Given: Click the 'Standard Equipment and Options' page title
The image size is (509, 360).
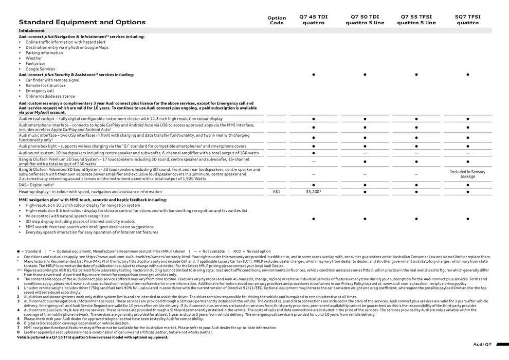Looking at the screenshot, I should pyautogui.click(x=82, y=22).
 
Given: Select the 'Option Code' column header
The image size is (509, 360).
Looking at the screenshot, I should pyautogui.click(x=277, y=20).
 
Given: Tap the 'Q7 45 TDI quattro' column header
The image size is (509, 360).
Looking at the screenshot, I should pyautogui.click(x=314, y=20).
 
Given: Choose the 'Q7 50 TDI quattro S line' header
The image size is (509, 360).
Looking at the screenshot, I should pyautogui.click(x=365, y=20).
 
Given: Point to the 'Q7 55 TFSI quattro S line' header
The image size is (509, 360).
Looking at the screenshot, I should pyautogui.click(x=416, y=20).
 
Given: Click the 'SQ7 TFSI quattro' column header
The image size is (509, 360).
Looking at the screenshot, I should pyautogui.click(x=468, y=20).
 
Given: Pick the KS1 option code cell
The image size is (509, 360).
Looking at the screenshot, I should pyautogui.click(x=277, y=192).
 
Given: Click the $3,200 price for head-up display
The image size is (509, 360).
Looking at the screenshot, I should pyautogui.click(x=314, y=192).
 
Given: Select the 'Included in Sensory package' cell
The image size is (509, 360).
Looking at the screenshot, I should pyautogui.click(x=468, y=174).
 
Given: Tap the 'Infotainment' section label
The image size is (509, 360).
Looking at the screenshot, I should pyautogui.click(x=32, y=31).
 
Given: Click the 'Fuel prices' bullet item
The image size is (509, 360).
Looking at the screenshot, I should pyautogui.click(x=35, y=64).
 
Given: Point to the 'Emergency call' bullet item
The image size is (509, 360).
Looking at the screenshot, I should pyautogui.click(x=40, y=91).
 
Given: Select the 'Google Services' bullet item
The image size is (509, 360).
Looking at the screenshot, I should pyautogui.click(x=40, y=69).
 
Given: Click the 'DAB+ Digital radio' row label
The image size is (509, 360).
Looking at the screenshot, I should pyautogui.click(x=37, y=185).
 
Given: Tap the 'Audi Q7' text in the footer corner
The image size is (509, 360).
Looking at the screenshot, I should pyautogui.click(x=482, y=344).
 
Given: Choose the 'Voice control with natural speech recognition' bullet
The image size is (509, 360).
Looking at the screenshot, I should pyautogui.click(x=67, y=216).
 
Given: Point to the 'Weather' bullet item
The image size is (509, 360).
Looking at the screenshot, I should pyautogui.click(x=34, y=58).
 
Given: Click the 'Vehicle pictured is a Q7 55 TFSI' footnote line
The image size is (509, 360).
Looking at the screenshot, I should pyautogui.click(x=93, y=337).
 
